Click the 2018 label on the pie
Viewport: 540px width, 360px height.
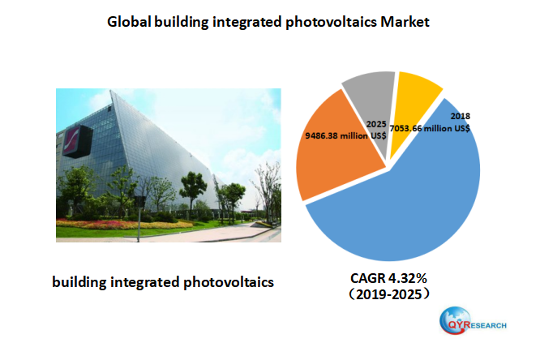pos(460,116)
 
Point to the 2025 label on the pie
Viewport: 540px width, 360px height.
pos(375,124)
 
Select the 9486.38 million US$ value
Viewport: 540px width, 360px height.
pos(345,136)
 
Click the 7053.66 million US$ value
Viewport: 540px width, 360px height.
pos(431,128)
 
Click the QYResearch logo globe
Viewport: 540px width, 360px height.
pos(453,324)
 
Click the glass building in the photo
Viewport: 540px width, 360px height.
pos(146,146)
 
